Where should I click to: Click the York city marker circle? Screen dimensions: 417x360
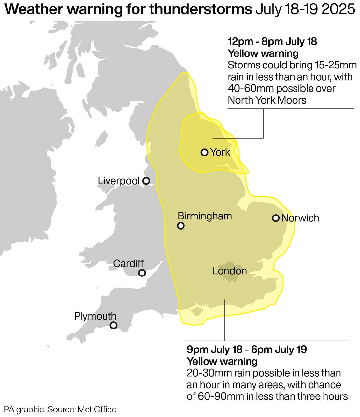(x=204, y=152)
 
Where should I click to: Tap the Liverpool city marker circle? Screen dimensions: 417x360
(x=147, y=181)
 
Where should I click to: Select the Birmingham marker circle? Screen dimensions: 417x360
(x=180, y=226)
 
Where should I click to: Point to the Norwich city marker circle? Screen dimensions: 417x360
(x=276, y=218)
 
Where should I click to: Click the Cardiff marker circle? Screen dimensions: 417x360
(x=142, y=273)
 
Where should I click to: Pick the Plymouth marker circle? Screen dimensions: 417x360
(x=113, y=325)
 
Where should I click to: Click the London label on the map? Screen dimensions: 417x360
(x=229, y=271)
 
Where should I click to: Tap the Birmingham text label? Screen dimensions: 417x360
(x=205, y=216)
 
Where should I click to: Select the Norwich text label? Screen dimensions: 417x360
(x=300, y=218)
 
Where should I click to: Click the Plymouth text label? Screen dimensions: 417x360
(x=95, y=316)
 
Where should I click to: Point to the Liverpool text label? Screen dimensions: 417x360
(x=119, y=181)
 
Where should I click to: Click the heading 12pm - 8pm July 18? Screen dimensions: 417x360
(x=272, y=42)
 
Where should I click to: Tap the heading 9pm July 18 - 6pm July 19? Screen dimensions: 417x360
(x=247, y=350)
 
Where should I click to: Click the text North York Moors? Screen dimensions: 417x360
(x=267, y=100)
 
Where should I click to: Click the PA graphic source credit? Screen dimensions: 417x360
(x=60, y=410)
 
